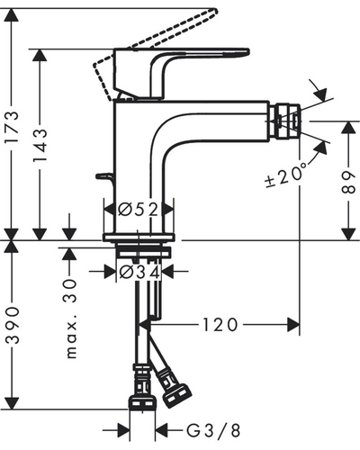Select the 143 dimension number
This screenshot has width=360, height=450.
click(40, 145)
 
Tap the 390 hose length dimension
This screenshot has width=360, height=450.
click(13, 326)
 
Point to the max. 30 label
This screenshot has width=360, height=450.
click(71, 319)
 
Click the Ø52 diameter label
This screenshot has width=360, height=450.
click(138, 210)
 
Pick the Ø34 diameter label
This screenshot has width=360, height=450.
click(139, 272)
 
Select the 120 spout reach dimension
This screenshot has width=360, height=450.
click(220, 325)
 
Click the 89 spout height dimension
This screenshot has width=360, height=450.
click(348, 182)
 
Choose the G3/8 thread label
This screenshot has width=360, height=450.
click(213, 431)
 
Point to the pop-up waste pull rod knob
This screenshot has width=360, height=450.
click(103, 176)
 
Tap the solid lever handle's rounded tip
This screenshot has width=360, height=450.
click(246, 52)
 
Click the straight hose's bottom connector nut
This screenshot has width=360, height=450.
click(142, 402)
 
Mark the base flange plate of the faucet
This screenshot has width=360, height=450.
click(139, 238)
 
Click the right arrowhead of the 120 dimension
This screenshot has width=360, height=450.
click(293, 325)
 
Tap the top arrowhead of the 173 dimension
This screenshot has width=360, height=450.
click(12, 15)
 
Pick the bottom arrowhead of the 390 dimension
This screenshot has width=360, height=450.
click(12, 403)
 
